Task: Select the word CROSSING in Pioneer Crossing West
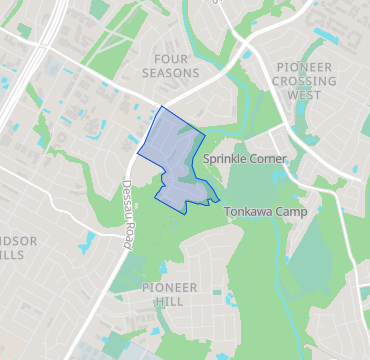pyautogui.click(x=310, y=81)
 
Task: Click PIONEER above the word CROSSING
pyautogui.click(x=310, y=66)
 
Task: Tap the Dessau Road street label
pyautogui.click(x=128, y=214)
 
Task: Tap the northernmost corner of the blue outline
pyautogui.click(x=160, y=106)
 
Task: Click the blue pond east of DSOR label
pyautogui.click(x=92, y=240)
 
